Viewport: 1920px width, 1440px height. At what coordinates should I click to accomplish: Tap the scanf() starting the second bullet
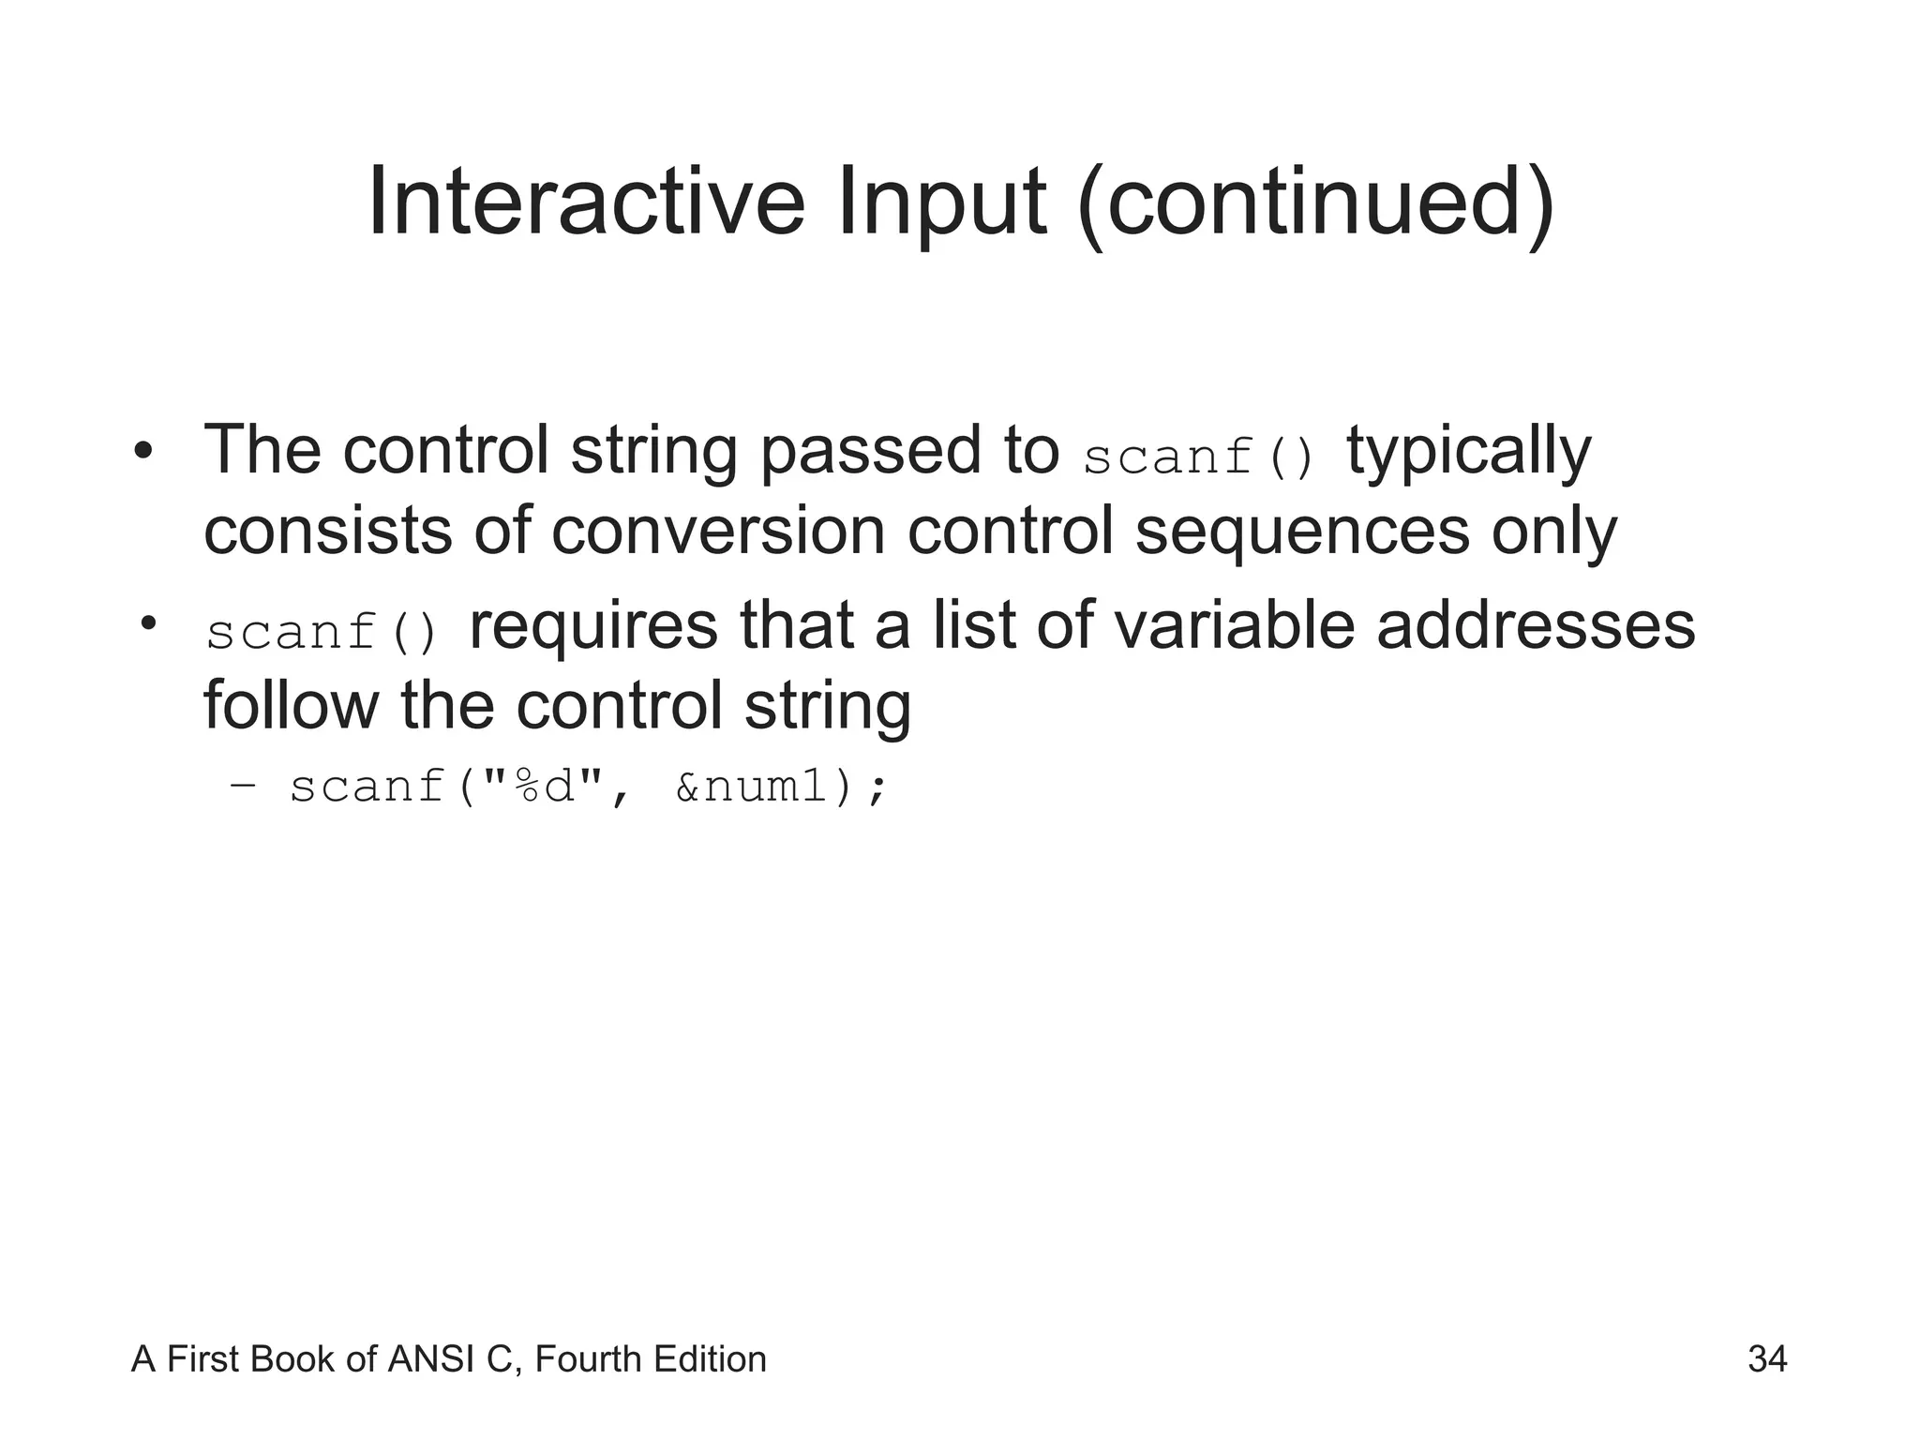[322, 633]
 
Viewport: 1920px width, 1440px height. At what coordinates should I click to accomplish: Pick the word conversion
[717, 531]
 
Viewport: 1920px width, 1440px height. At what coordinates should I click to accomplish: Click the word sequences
[1302, 531]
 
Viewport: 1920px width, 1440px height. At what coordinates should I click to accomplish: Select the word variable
[1220, 625]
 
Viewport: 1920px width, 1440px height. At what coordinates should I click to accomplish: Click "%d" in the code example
[544, 786]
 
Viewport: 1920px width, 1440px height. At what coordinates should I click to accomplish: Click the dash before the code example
[242, 786]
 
